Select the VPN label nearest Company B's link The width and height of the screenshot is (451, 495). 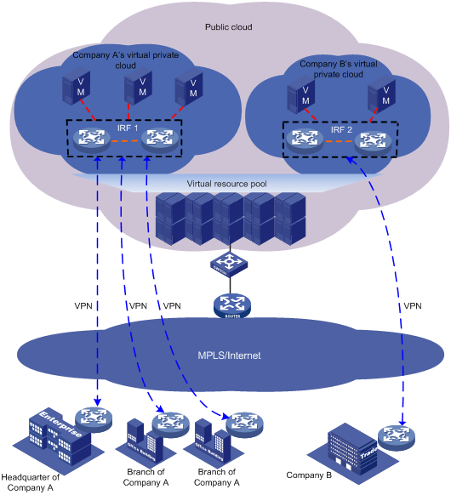[412, 305]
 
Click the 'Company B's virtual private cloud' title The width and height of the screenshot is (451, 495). [339, 68]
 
